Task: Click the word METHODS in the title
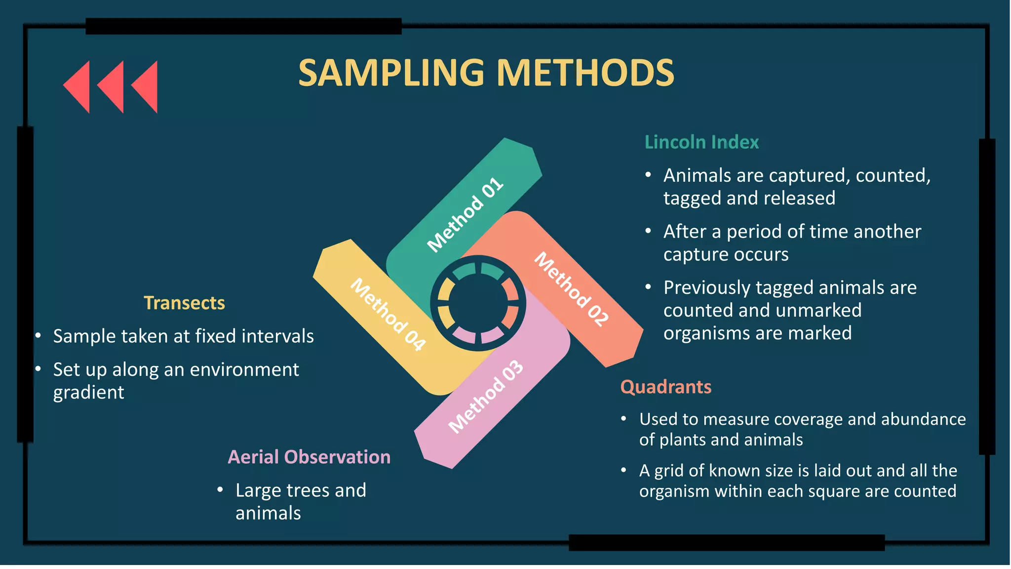point(585,73)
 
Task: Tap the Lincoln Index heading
point(701,142)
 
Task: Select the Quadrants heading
point(665,387)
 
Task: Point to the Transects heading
point(184,303)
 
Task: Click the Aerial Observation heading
point(309,457)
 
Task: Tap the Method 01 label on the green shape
point(465,215)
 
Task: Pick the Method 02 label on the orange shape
point(572,289)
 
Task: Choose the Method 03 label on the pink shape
point(485,397)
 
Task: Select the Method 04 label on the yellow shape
point(388,315)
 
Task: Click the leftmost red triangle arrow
point(78,86)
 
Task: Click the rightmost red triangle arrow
point(145,86)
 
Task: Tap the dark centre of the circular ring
point(478,303)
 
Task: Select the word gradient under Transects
point(89,393)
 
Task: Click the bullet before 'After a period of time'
point(648,231)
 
